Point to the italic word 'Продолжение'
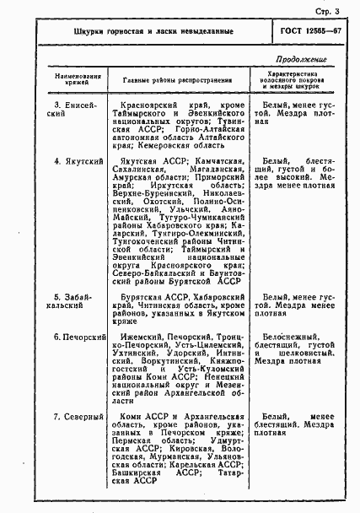tap(301, 59)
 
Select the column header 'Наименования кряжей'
tap(76, 81)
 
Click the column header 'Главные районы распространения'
tap(180, 80)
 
